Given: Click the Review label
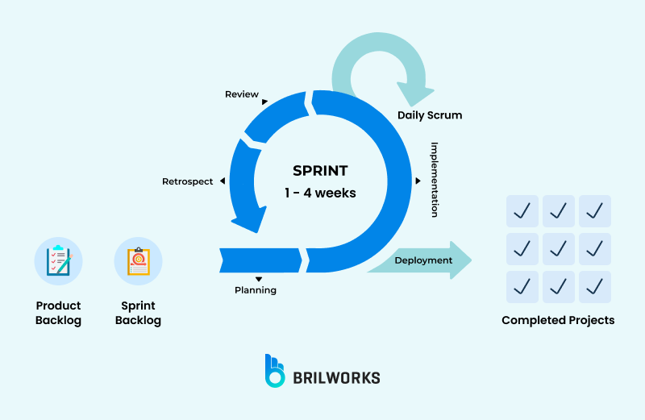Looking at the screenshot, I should [x=242, y=94].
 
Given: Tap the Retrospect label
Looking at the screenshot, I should [x=188, y=181].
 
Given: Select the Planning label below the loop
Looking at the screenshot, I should [x=255, y=290].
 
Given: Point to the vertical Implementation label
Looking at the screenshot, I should [x=434, y=180].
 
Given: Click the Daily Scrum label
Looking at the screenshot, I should [x=430, y=115].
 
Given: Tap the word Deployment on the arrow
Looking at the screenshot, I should [x=423, y=260].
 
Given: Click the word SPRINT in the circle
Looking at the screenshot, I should [x=320, y=171].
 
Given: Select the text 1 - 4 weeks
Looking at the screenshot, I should [x=320, y=193].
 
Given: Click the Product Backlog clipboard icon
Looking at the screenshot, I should [x=58, y=261].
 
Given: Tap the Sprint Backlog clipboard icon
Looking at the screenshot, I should [x=139, y=261].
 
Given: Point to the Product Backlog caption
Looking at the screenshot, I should [x=58, y=313].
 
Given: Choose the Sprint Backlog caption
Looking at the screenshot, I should [x=138, y=313].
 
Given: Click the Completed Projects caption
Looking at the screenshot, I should [x=558, y=320].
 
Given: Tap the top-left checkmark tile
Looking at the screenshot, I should [x=522, y=211].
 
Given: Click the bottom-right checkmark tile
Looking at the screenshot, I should [x=595, y=286].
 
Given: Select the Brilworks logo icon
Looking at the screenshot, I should [x=275, y=370].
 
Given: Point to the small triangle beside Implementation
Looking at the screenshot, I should [x=418, y=181].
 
